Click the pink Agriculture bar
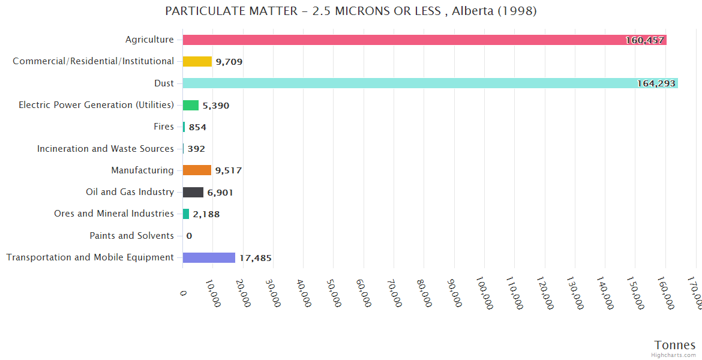pyautogui.click(x=420, y=40)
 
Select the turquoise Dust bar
pyautogui.click(x=420, y=83)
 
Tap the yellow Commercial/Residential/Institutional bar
pyautogui.click(x=197, y=61)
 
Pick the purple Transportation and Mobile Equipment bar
pyautogui.click(x=209, y=257)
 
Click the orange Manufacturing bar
pyautogui.click(x=197, y=170)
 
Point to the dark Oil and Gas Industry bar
pyautogui.click(x=193, y=192)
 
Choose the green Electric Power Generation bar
pyautogui.click(x=191, y=105)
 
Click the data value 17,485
pyautogui.click(x=256, y=258)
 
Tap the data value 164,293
pyautogui.click(x=656, y=83)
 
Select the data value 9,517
pyautogui.click(x=229, y=170)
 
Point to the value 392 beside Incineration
pyautogui.click(x=196, y=149)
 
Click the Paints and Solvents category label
pyautogui.click(x=131, y=236)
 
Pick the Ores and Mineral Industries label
pyautogui.click(x=114, y=214)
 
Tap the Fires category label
pyautogui.click(x=164, y=127)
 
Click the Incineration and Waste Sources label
pyautogui.click(x=106, y=149)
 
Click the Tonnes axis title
pyautogui.click(x=674, y=345)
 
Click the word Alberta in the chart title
pyautogui.click(x=473, y=11)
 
